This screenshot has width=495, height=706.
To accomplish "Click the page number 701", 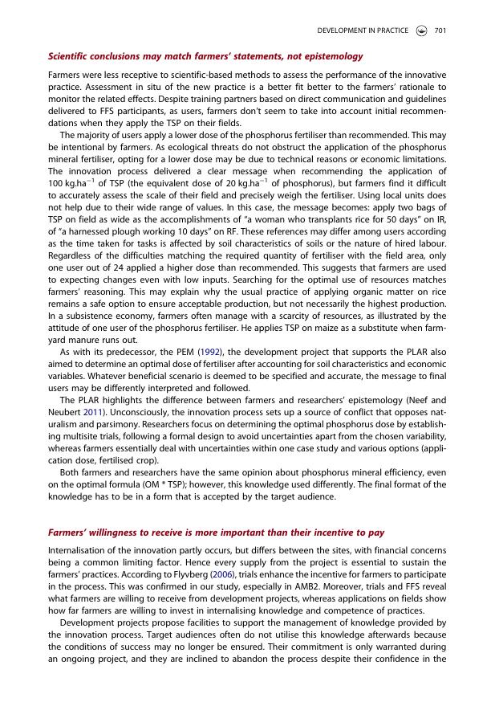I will tap(440, 31).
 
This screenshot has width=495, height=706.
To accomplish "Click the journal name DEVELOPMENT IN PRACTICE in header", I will tap(363, 31).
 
